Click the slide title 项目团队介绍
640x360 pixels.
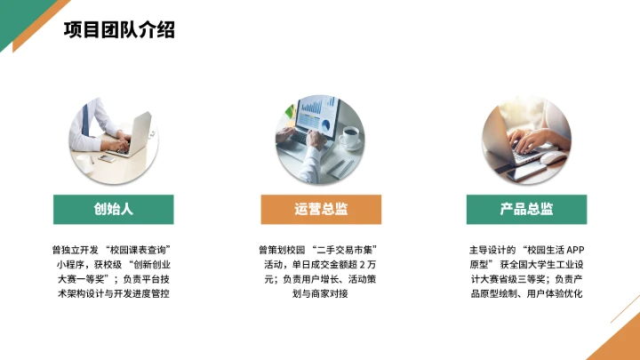[119, 29]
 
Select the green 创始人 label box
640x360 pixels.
[113, 210]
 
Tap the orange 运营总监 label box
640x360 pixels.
[321, 210]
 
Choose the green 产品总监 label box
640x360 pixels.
[526, 210]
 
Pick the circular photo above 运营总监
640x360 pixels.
[320, 133]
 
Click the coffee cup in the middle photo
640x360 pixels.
[350, 136]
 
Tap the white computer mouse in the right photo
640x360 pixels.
[553, 157]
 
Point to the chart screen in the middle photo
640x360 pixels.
[316, 114]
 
